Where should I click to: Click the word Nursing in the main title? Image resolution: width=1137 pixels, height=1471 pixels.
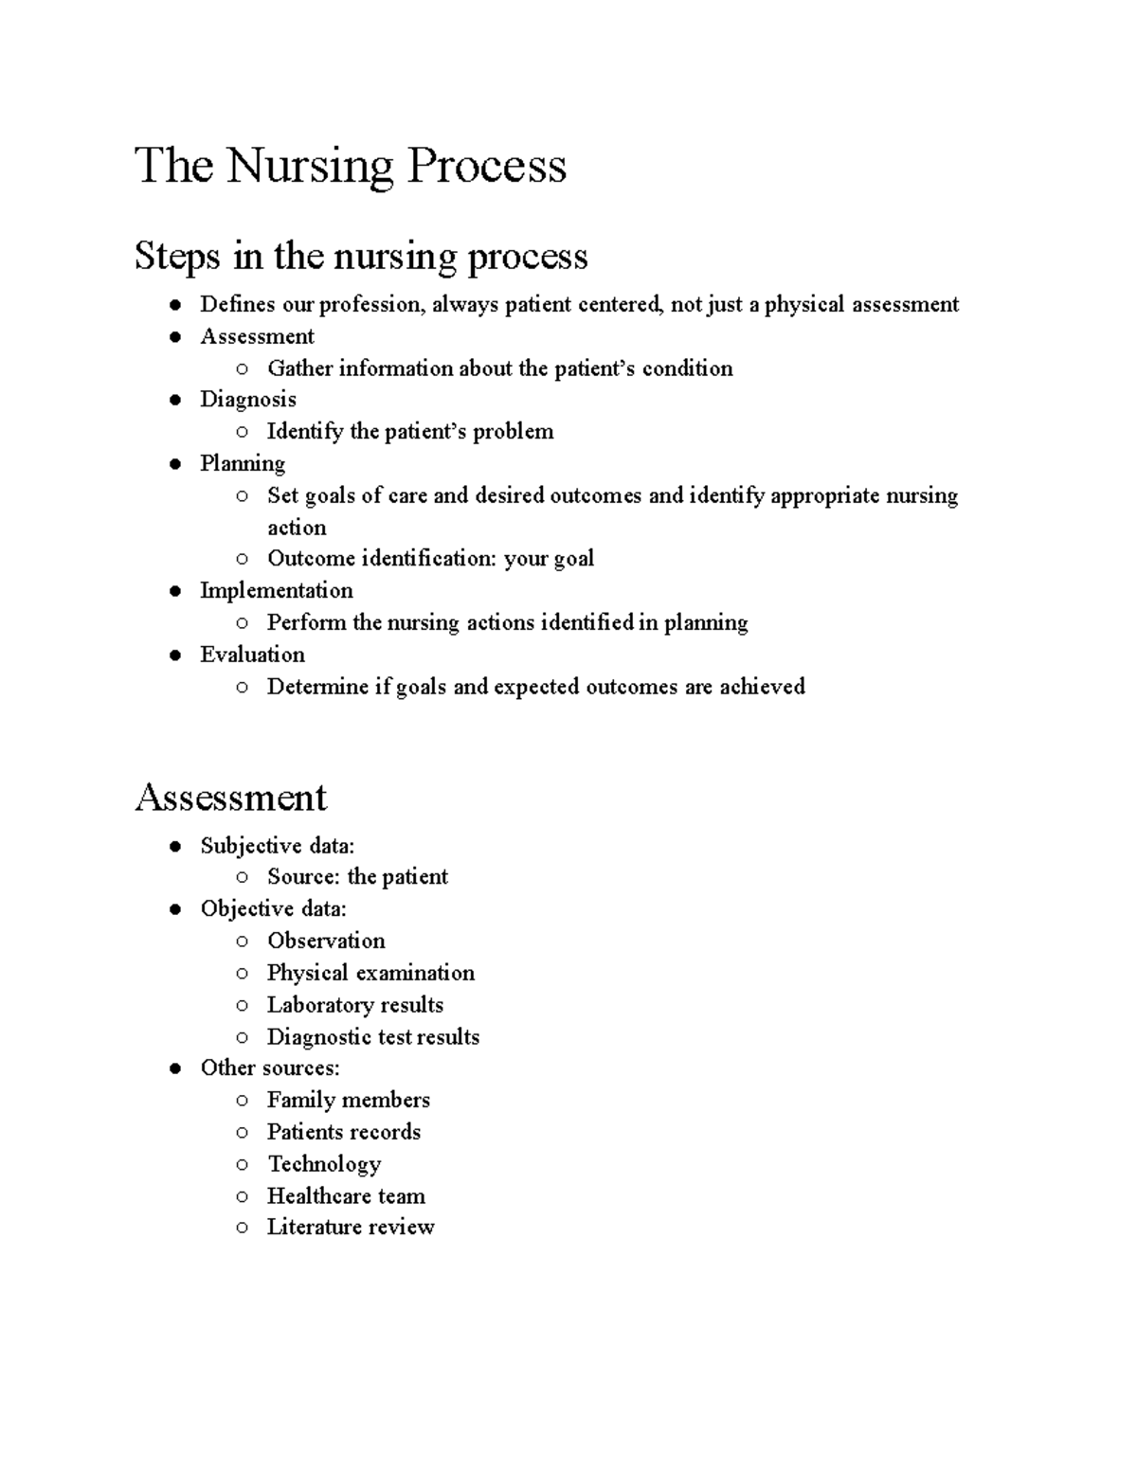309,167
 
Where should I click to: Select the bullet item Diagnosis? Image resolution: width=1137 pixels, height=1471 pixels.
247,400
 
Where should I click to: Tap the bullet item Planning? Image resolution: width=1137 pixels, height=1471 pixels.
242,463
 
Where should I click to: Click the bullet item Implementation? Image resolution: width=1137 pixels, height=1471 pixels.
276,590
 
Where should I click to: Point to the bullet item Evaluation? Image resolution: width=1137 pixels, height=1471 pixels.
252,655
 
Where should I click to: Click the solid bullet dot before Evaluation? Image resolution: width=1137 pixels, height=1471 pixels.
175,655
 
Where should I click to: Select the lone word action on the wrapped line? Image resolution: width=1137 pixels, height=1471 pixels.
297,528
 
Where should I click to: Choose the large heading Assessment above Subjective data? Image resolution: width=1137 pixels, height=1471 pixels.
231,798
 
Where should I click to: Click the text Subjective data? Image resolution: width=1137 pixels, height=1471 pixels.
277,846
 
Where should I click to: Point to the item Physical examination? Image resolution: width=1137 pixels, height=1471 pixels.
370,973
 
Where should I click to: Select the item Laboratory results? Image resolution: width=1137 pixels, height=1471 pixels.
354,1005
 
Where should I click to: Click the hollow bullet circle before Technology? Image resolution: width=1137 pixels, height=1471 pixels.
243,1164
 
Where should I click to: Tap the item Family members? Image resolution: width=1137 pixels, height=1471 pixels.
348,1100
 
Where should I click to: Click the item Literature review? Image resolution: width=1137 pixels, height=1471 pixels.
350,1227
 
